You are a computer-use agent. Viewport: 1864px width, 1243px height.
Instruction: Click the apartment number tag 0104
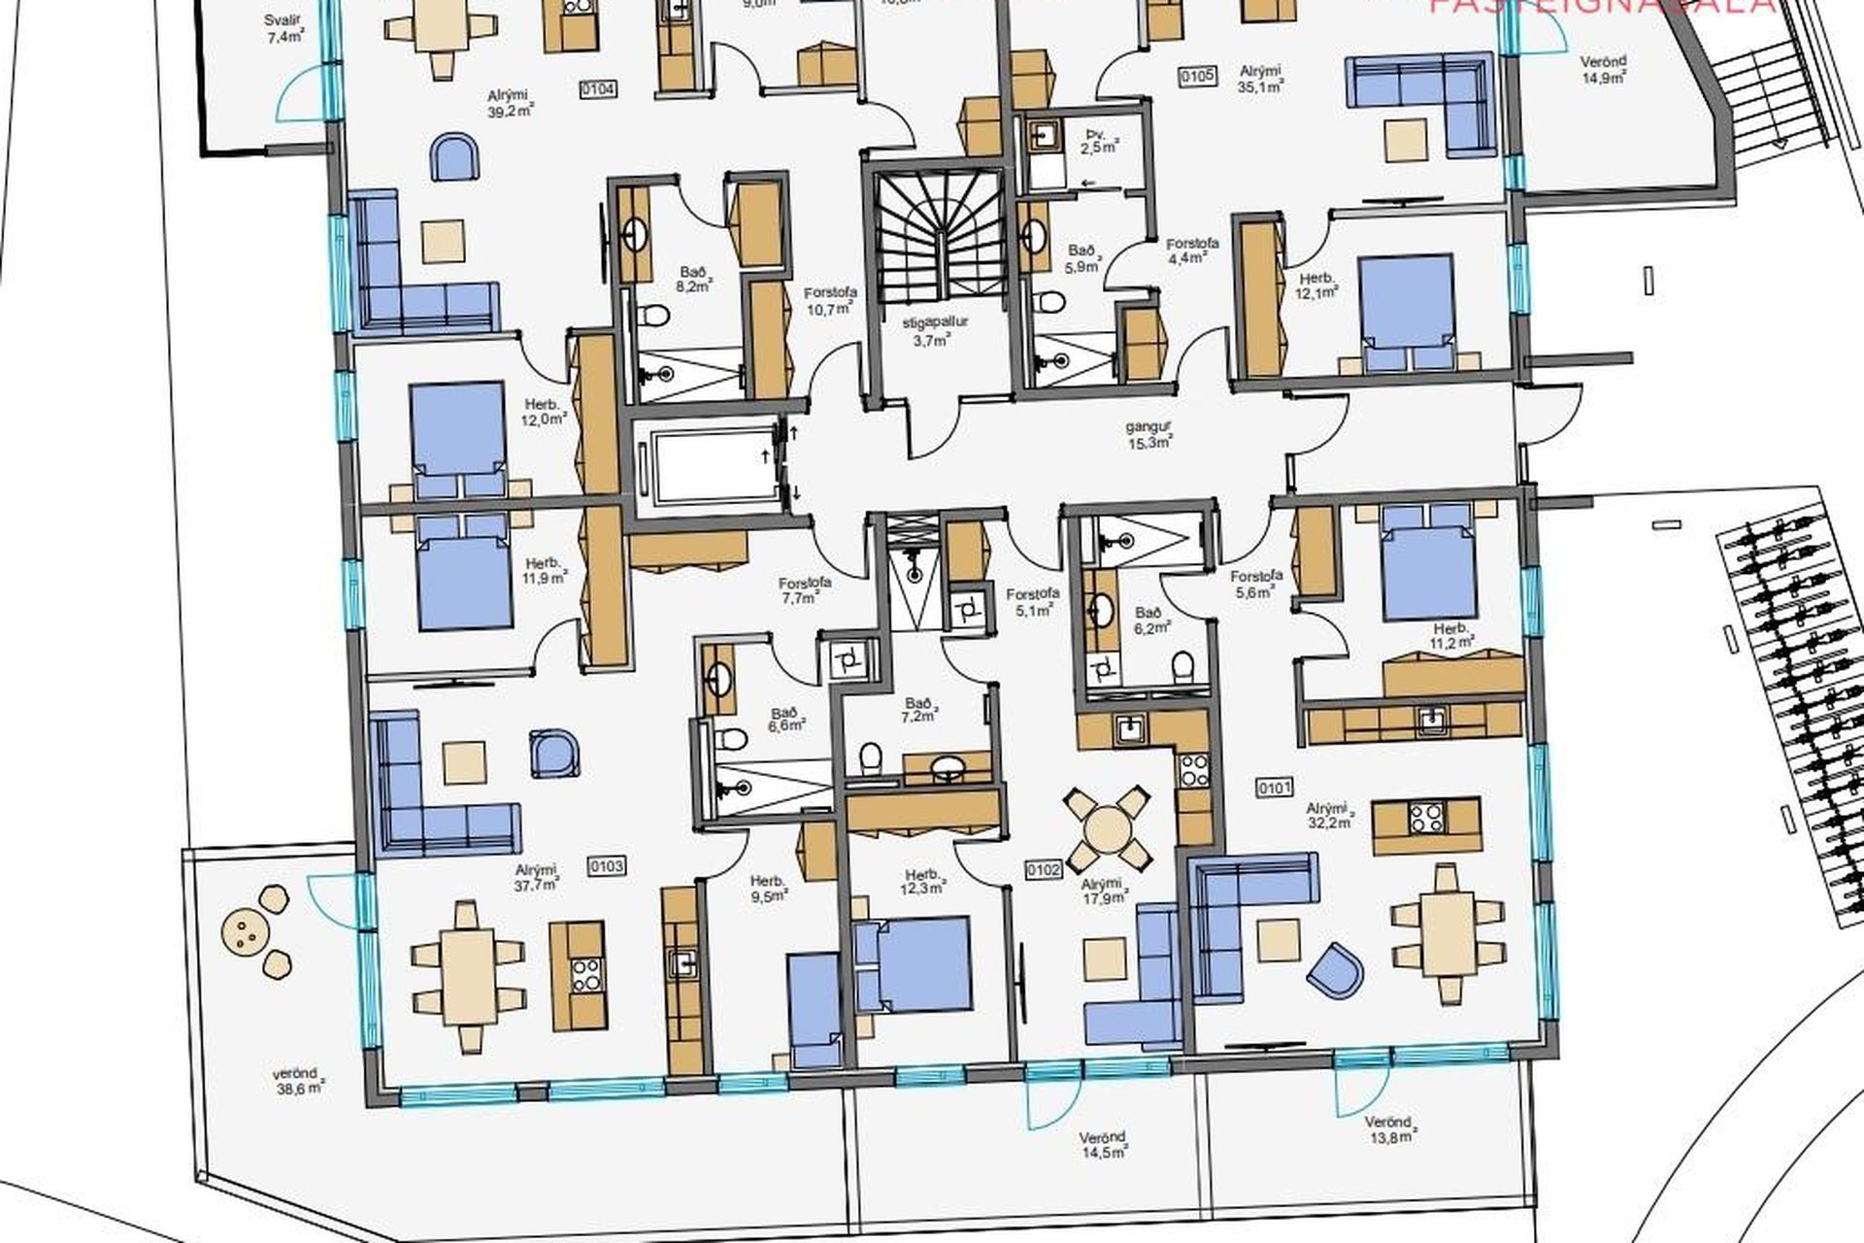598,90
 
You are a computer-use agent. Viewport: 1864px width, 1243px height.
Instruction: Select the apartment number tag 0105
1197,76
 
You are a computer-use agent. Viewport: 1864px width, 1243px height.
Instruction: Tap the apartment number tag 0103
607,866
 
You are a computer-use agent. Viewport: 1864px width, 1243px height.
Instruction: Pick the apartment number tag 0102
1044,870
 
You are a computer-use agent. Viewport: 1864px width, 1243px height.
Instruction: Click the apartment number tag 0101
1274,789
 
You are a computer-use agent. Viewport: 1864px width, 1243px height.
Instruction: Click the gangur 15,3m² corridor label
1149,434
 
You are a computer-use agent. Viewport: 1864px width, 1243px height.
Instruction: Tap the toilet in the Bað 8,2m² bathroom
655,317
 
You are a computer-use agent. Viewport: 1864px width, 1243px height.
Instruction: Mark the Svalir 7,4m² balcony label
284,29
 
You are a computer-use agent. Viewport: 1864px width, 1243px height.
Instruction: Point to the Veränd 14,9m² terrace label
1603,69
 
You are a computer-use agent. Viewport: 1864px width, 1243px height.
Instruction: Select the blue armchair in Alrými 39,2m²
453,157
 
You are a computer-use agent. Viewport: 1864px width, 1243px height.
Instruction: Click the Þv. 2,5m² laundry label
1100,140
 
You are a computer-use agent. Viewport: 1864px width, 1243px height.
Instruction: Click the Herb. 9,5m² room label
768,889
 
